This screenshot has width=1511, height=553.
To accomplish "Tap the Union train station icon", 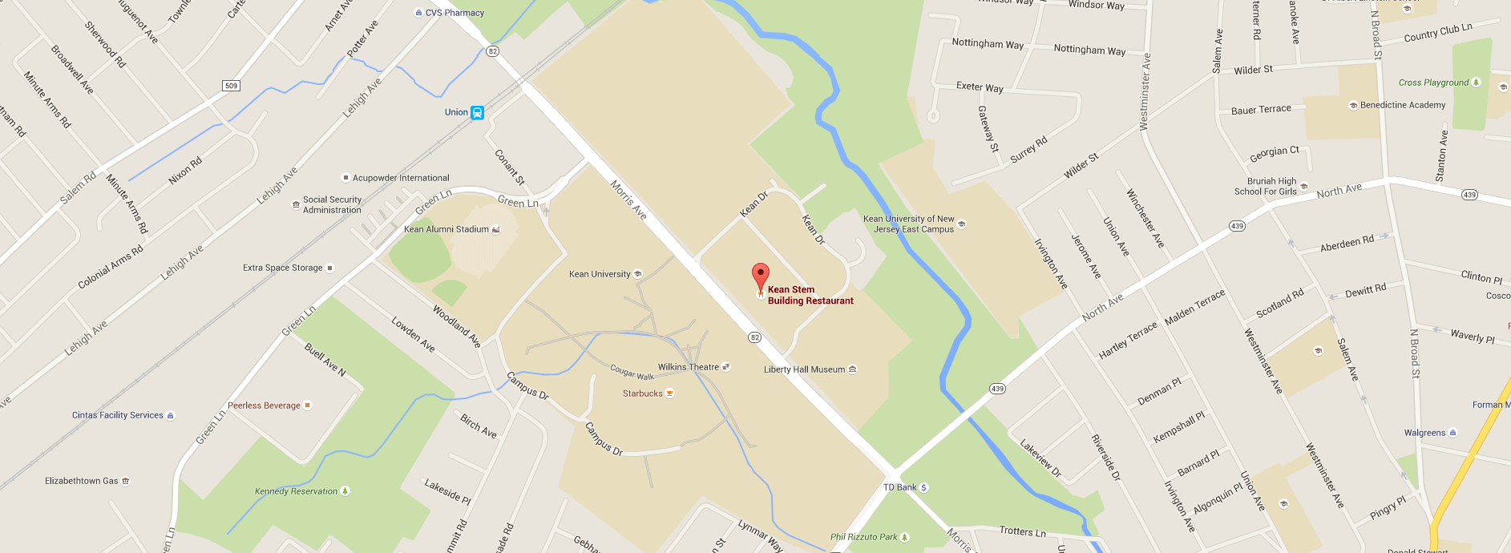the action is coord(478,113).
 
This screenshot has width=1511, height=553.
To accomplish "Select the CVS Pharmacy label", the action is coord(454,13).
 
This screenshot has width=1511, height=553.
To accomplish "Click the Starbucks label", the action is coord(643,394).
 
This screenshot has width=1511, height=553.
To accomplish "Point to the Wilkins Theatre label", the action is coord(688,367).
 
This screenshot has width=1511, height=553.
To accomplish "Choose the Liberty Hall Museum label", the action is coord(804,369).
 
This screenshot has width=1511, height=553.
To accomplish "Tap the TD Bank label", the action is coord(899,487).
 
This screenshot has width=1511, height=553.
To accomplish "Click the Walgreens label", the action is coord(1424,433).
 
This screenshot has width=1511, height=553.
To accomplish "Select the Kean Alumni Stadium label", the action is coord(446,229).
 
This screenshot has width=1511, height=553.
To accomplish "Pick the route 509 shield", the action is coord(231,86).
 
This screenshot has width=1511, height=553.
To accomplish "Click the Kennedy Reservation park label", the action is coord(296,491).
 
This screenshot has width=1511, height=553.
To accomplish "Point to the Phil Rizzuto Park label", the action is coord(863,537).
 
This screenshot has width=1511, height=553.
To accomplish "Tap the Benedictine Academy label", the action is coord(1402,105).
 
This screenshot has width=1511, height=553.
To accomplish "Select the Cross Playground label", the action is coord(1433,83).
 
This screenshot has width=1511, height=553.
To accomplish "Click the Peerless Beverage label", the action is coord(264,406).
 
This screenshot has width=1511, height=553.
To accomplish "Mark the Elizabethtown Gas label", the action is coord(81,481).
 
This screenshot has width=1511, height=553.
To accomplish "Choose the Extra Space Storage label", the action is coord(282,268).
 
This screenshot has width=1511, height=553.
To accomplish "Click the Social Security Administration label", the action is coord(332,205).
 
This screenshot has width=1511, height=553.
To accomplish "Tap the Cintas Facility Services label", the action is coord(117,415).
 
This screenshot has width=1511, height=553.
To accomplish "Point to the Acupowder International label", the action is coord(401,178).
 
